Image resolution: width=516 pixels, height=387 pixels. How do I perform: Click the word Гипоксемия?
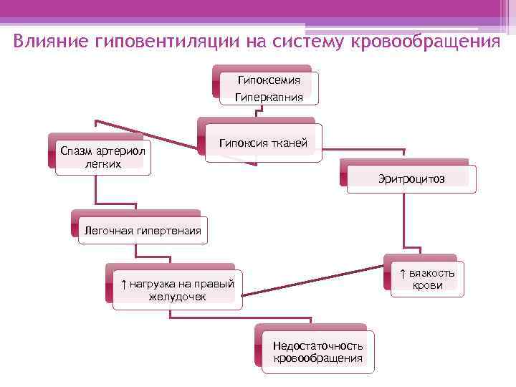269,80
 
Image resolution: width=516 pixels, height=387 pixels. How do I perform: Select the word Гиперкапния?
269,97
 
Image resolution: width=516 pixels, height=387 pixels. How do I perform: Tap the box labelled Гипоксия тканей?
263,144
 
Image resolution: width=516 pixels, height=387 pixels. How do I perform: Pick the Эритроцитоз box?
411,178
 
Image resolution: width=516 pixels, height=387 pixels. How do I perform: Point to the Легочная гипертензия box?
143,231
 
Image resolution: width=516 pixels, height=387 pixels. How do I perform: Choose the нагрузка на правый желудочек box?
177,289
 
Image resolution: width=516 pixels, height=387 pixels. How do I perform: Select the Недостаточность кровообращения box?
317,352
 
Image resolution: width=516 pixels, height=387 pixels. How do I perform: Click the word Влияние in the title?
50,40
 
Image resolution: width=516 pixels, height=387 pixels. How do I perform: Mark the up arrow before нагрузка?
123,283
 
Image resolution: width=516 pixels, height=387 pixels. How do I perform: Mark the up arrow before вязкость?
403,273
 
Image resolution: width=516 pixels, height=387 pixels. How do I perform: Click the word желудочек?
178,295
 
